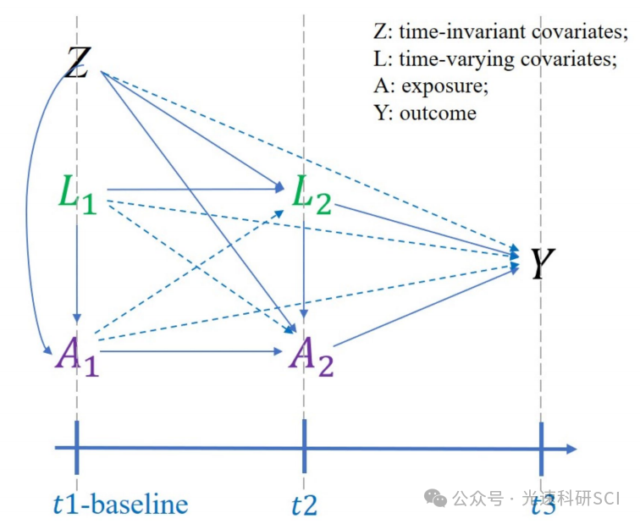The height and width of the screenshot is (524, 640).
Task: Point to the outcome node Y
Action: click(x=542, y=263)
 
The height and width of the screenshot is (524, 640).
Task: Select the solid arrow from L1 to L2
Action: click(x=195, y=188)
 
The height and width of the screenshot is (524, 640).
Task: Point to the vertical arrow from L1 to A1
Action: click(x=77, y=271)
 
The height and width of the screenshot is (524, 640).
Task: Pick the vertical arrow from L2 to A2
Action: click(x=304, y=271)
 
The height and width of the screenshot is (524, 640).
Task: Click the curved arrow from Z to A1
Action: click(x=30, y=212)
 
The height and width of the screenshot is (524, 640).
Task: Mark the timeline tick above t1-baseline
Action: click(x=77, y=447)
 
